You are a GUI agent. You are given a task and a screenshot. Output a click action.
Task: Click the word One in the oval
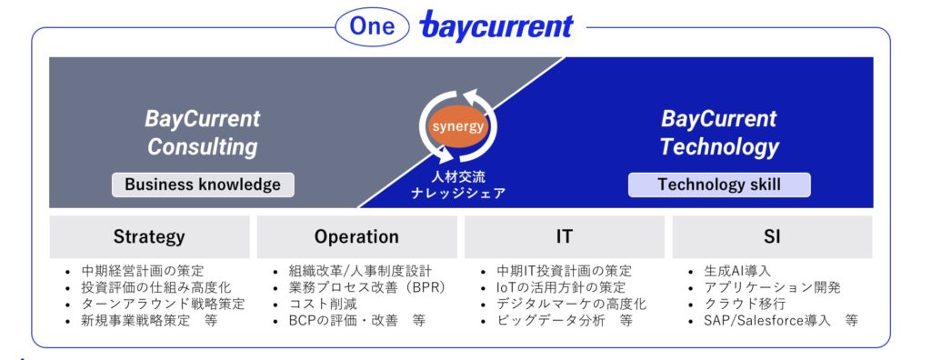point(372,26)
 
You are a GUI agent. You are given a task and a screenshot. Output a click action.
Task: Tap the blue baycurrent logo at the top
point(496,25)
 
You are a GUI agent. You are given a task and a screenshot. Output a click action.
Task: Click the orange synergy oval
point(458,126)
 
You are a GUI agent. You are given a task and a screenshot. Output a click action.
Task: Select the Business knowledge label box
point(203,185)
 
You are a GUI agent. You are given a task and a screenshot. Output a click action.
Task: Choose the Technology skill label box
point(719,185)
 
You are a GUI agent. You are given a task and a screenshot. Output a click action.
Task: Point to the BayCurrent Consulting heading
point(203,133)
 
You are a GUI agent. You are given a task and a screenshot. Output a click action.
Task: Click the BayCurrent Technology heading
point(719,133)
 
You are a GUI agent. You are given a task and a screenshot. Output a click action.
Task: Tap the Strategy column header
point(149,236)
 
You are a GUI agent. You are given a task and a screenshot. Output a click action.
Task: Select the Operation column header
point(356,236)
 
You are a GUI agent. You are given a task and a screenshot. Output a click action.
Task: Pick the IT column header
point(564,236)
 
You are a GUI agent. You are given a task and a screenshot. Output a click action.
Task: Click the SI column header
point(772,236)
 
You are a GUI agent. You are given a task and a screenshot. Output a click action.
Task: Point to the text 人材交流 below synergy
point(458,176)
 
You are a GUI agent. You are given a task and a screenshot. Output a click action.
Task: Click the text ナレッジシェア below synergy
point(458,193)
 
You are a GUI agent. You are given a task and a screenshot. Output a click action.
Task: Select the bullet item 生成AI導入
point(737,271)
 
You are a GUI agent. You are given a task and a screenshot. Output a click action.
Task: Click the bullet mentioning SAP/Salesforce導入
point(781,321)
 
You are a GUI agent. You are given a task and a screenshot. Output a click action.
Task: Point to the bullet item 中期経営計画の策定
point(143,271)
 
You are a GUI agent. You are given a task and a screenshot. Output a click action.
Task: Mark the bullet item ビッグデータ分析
point(565,321)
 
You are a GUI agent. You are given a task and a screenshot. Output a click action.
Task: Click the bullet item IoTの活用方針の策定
point(561,287)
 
